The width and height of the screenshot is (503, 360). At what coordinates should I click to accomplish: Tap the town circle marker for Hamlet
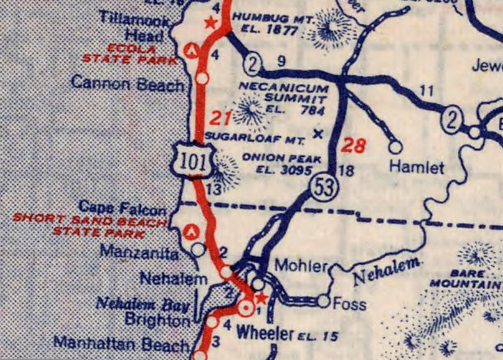pos(396,147)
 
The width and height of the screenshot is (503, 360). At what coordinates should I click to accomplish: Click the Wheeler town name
pos(265,334)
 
